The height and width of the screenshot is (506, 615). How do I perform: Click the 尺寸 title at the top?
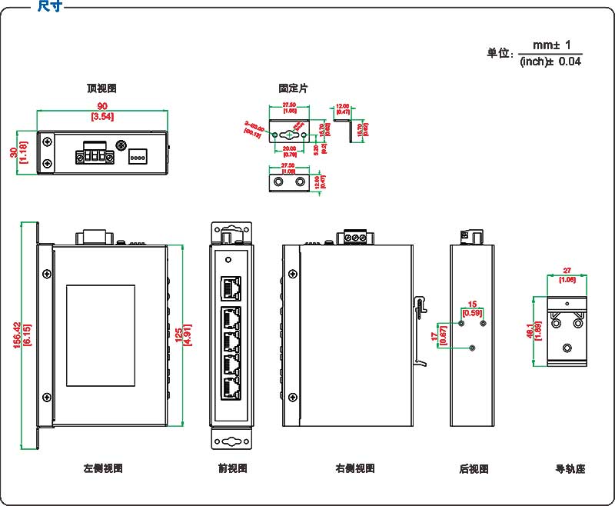[50, 7]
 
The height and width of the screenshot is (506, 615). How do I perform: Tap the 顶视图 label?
[101, 88]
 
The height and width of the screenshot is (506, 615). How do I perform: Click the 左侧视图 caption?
[103, 468]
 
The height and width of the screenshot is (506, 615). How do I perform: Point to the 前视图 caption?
[231, 468]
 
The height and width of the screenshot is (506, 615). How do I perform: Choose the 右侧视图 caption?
[355, 468]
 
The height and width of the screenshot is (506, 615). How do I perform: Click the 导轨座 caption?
[570, 468]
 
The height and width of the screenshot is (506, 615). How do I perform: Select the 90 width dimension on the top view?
[101, 106]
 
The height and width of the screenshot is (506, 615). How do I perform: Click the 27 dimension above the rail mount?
[567, 271]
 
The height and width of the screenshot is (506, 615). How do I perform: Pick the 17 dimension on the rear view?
[434, 335]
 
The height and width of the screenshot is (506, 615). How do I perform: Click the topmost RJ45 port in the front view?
[231, 288]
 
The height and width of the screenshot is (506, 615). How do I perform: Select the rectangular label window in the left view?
[101, 335]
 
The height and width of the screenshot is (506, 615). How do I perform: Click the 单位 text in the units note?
[500, 54]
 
